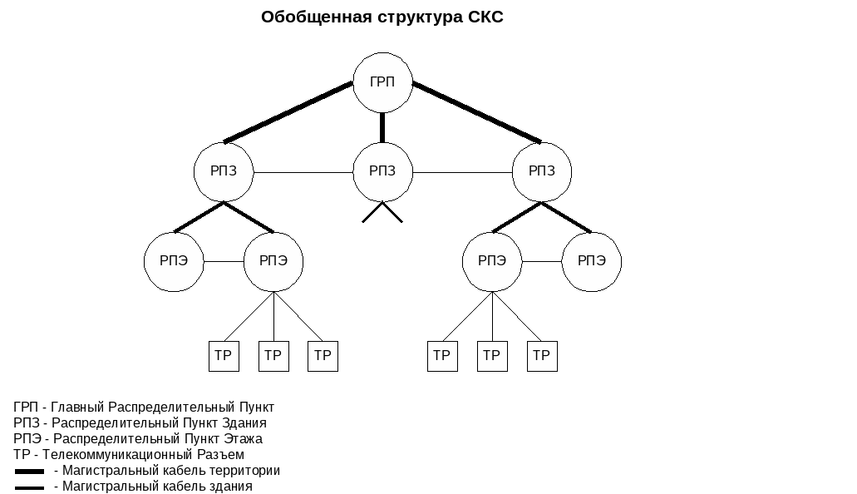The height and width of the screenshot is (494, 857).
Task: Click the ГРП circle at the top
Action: [x=382, y=82]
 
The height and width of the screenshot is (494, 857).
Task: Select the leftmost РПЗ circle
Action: [x=224, y=172]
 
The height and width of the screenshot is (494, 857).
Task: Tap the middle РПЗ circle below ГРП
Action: [x=382, y=172]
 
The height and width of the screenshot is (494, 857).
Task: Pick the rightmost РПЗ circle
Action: [x=541, y=172]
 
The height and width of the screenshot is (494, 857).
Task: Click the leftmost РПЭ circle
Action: [x=174, y=261]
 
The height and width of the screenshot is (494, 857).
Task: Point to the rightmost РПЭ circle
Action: [x=591, y=261]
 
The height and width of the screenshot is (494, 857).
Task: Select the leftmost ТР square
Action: [x=224, y=356]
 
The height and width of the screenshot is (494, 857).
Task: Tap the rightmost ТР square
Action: [x=542, y=356]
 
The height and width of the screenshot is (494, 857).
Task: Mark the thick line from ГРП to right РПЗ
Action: [x=476, y=112]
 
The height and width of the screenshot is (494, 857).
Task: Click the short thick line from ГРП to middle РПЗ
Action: [x=382, y=127]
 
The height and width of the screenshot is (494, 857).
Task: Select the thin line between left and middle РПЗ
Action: [x=303, y=172]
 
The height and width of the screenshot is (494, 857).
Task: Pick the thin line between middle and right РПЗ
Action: [x=461, y=172]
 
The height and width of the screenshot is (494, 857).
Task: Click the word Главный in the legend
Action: [x=77, y=408]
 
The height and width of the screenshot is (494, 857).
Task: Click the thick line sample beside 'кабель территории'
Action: [x=29, y=472]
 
